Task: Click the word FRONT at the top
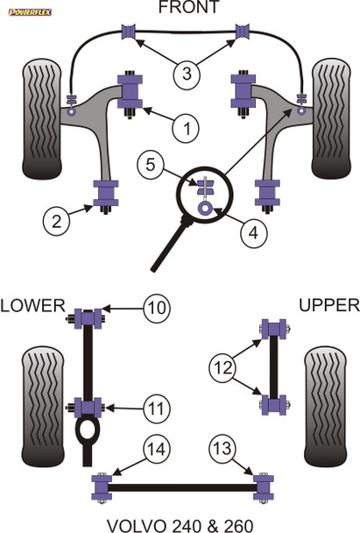185,9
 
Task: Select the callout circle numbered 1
185,130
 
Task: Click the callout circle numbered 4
253,233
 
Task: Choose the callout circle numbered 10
157,308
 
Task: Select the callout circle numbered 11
157,408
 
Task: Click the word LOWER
32,305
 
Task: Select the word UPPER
328,305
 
